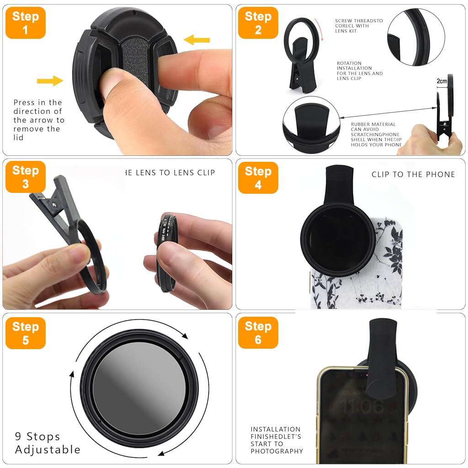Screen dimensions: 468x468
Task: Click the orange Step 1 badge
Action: click(x=25, y=23)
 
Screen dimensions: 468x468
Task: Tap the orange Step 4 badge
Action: click(x=258, y=178)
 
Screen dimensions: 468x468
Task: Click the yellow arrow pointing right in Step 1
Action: click(x=50, y=81)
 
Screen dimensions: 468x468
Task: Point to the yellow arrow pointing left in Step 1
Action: click(x=197, y=40)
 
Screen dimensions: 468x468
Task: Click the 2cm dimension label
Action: click(x=441, y=81)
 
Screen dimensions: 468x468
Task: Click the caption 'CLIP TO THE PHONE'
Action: click(x=413, y=174)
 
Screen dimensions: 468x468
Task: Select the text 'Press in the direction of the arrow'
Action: click(x=38, y=120)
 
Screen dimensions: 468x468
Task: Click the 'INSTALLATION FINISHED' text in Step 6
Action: click(x=276, y=440)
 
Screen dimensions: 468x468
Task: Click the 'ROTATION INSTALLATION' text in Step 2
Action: click(x=359, y=71)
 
